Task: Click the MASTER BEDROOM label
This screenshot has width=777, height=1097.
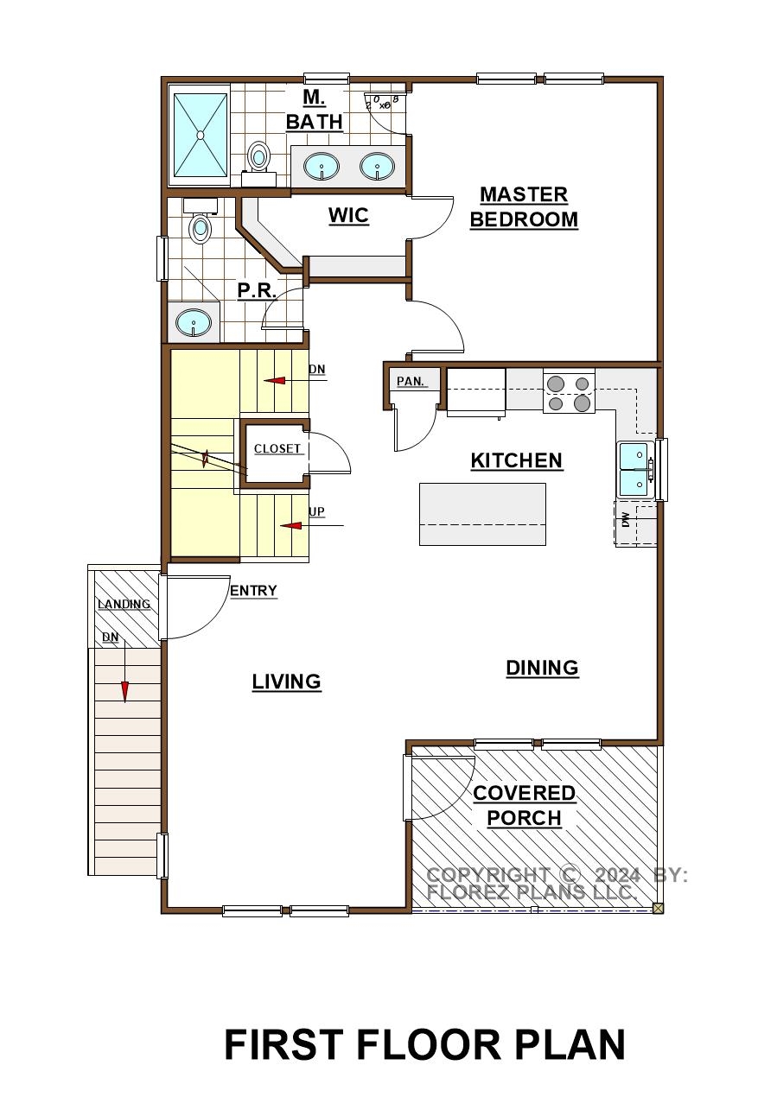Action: pos(524,206)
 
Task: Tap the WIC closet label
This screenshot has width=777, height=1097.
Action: pos(348,215)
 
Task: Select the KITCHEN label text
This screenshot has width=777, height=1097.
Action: pos(516,460)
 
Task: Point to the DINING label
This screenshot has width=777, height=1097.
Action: pos(542,668)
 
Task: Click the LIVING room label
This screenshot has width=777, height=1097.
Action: pos(287,682)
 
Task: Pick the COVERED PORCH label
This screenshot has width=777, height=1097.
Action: pos(525,806)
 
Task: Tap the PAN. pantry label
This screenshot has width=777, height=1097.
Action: pos(411,381)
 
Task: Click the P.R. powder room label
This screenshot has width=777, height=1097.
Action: pos(257,290)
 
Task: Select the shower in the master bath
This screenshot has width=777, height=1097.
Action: pos(200,135)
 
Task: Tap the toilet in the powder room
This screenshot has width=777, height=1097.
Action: pos(201,221)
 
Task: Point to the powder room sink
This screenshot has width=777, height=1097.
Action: pos(194,324)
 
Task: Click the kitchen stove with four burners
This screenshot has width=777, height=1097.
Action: pos(569,393)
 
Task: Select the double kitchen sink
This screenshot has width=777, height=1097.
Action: pos(635,470)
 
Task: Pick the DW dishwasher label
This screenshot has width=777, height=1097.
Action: pos(625,520)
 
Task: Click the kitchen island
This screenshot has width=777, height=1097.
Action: pos(482,514)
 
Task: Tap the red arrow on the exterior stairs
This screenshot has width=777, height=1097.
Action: pos(125,691)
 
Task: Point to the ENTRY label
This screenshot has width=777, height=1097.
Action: pos(253,591)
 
